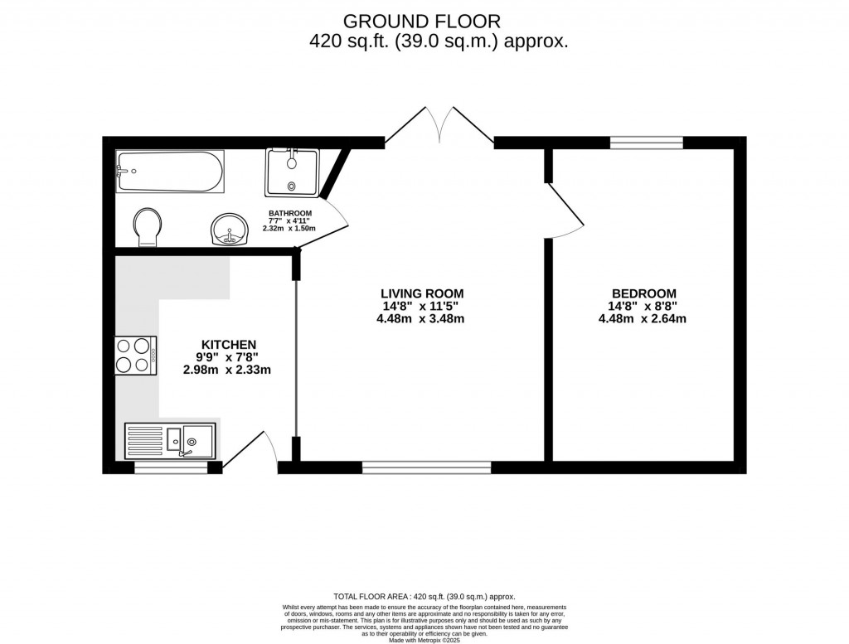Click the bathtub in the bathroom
point(170,172)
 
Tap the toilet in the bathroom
point(148,226)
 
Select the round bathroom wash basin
point(230,230)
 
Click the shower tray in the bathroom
point(292,172)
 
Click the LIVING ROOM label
point(421,293)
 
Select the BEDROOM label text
point(643,293)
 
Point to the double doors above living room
point(439,124)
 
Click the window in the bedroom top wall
point(647,143)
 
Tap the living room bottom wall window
point(426,468)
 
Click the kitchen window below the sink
point(171,468)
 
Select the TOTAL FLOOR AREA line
point(424,596)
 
